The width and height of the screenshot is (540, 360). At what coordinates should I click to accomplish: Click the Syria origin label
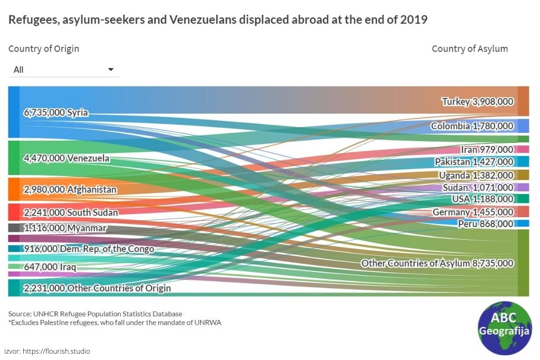coord(56,112)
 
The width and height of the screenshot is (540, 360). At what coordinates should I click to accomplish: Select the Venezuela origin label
coord(66,158)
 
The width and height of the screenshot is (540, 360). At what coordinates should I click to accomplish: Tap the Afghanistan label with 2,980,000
coord(70,189)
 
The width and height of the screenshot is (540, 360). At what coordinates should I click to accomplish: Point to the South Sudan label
coord(71,212)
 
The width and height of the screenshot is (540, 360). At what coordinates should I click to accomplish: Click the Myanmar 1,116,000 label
coord(65,228)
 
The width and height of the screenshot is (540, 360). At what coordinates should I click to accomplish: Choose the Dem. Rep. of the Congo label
coord(89,249)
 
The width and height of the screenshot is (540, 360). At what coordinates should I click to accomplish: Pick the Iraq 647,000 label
coord(50,267)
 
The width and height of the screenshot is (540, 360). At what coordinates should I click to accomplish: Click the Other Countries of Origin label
coord(97,288)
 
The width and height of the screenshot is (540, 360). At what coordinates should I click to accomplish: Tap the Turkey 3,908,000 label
coord(477,101)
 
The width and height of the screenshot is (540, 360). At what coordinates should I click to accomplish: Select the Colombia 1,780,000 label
coord(472,126)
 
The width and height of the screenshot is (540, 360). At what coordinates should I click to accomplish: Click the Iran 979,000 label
coord(487,150)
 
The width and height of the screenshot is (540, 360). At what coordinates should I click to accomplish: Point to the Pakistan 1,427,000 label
coord(474,162)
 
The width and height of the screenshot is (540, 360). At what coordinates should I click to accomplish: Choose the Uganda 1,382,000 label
coord(476,175)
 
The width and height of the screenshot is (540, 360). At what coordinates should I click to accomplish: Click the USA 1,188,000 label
coord(482,199)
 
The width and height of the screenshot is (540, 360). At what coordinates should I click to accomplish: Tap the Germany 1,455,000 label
coord(472,212)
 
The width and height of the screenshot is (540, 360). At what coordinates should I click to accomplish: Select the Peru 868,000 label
coord(485,223)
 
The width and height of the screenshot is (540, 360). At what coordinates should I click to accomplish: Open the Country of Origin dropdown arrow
coord(111,70)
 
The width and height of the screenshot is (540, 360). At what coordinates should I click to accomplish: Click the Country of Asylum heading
coord(469,48)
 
